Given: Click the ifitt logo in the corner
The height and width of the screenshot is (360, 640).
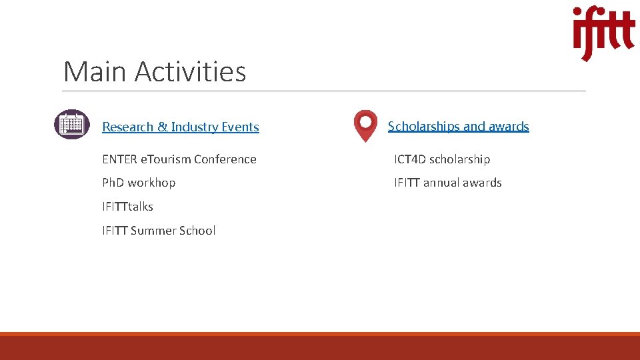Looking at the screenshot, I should [603, 33].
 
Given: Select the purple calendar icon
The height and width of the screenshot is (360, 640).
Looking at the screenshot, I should [71, 125].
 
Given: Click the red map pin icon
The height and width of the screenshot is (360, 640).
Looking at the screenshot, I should [365, 126].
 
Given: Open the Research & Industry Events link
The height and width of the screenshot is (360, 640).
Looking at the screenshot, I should [180, 127].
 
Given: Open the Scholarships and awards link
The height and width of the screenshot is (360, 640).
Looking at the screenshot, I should [458, 126].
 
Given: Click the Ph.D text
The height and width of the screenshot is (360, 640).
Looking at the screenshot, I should [113, 183].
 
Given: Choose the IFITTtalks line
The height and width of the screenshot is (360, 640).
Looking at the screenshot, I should [127, 207].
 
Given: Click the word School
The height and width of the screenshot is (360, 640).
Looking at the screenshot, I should [197, 231].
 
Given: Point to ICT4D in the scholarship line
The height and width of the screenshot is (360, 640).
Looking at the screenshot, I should [410, 159].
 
